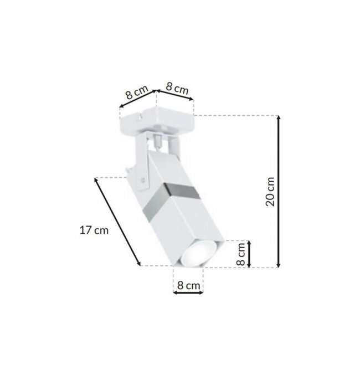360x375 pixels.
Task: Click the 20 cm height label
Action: point(270,192)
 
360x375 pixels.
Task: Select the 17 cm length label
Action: point(94,230)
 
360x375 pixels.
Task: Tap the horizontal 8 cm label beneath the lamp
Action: point(188,285)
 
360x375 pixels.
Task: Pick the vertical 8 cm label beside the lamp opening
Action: point(241,254)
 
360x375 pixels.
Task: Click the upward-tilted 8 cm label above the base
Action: point(137,92)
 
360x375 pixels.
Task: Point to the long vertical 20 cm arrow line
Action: point(278,191)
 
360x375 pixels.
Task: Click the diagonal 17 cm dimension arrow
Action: point(117,222)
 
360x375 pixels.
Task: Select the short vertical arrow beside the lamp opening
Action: point(249,254)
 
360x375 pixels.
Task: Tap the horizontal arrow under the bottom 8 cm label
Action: point(188,292)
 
